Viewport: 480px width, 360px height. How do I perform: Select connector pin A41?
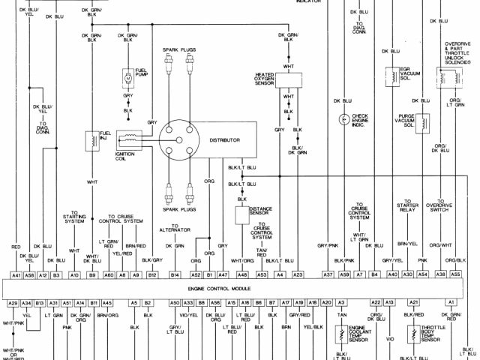click(x=16, y=276)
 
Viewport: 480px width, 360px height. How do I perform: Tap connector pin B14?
click(x=175, y=276)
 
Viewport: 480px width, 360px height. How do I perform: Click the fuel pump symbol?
click(x=127, y=77)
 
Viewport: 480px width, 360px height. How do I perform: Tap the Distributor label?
click(x=225, y=140)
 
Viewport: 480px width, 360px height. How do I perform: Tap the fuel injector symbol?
click(x=94, y=139)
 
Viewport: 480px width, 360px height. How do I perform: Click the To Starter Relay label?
click(x=409, y=205)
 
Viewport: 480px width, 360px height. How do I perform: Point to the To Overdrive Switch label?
click(x=439, y=205)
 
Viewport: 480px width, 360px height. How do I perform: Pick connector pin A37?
click(x=328, y=276)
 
